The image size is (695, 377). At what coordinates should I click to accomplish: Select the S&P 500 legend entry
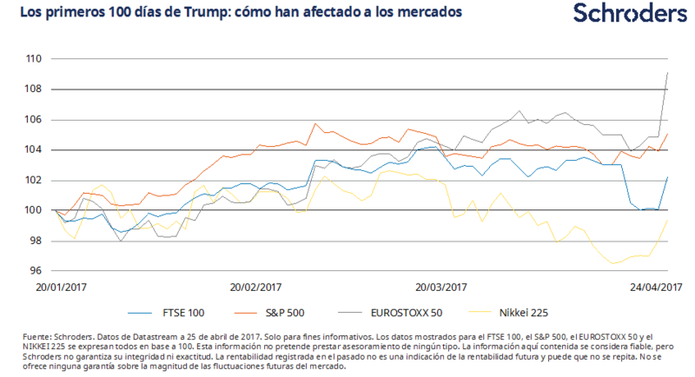click(308, 310)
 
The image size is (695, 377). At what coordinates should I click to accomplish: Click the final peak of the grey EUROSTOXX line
click(666, 73)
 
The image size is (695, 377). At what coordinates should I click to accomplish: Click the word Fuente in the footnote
click(25, 336)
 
